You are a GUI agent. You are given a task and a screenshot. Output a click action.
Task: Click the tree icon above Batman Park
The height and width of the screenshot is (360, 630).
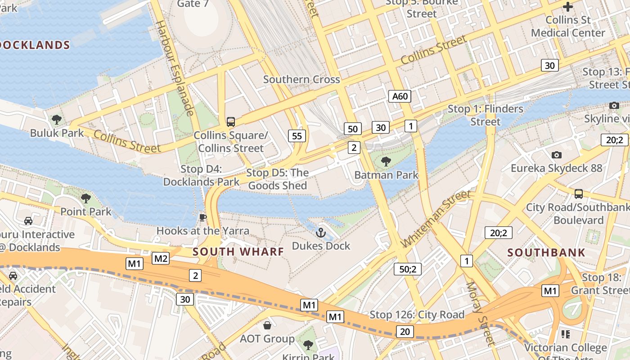click(386, 161)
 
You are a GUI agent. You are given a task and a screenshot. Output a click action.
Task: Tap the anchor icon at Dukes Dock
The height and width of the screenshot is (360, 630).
click(321, 233)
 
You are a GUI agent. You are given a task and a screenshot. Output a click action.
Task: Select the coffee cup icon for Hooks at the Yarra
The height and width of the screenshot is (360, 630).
click(203, 218)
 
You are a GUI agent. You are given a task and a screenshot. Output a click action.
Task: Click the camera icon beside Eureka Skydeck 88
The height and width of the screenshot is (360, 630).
click(557, 155)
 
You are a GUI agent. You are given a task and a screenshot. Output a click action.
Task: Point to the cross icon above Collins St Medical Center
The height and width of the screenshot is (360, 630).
click(568, 7)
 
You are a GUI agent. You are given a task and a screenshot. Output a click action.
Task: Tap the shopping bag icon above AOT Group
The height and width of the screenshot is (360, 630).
click(267, 325)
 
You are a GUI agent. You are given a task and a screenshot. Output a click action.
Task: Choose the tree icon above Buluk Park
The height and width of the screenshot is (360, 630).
click(57, 120)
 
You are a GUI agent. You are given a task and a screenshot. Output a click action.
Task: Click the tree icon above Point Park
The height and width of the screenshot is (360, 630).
click(85, 198)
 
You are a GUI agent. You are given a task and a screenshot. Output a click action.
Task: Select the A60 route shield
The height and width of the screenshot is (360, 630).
click(400, 96)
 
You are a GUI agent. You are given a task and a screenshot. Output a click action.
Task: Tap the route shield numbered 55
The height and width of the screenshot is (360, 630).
click(297, 135)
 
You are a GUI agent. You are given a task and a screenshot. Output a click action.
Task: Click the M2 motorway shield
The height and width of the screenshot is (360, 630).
click(161, 258)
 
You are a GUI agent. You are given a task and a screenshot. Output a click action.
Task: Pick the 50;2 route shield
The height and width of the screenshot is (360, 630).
click(408, 269)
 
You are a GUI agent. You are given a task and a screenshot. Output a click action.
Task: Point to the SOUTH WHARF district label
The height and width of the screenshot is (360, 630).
click(238, 252)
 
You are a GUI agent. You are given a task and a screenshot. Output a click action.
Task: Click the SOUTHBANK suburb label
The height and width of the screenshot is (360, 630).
click(546, 252)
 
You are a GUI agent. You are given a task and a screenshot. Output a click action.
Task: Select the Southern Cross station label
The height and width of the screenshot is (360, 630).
click(301, 80)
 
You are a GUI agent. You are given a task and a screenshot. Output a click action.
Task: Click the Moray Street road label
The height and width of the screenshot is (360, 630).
click(480, 314)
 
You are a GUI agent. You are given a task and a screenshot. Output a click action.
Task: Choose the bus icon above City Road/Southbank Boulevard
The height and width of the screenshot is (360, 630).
click(579, 194)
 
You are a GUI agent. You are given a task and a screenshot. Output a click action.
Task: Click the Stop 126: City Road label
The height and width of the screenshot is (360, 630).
click(417, 315)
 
